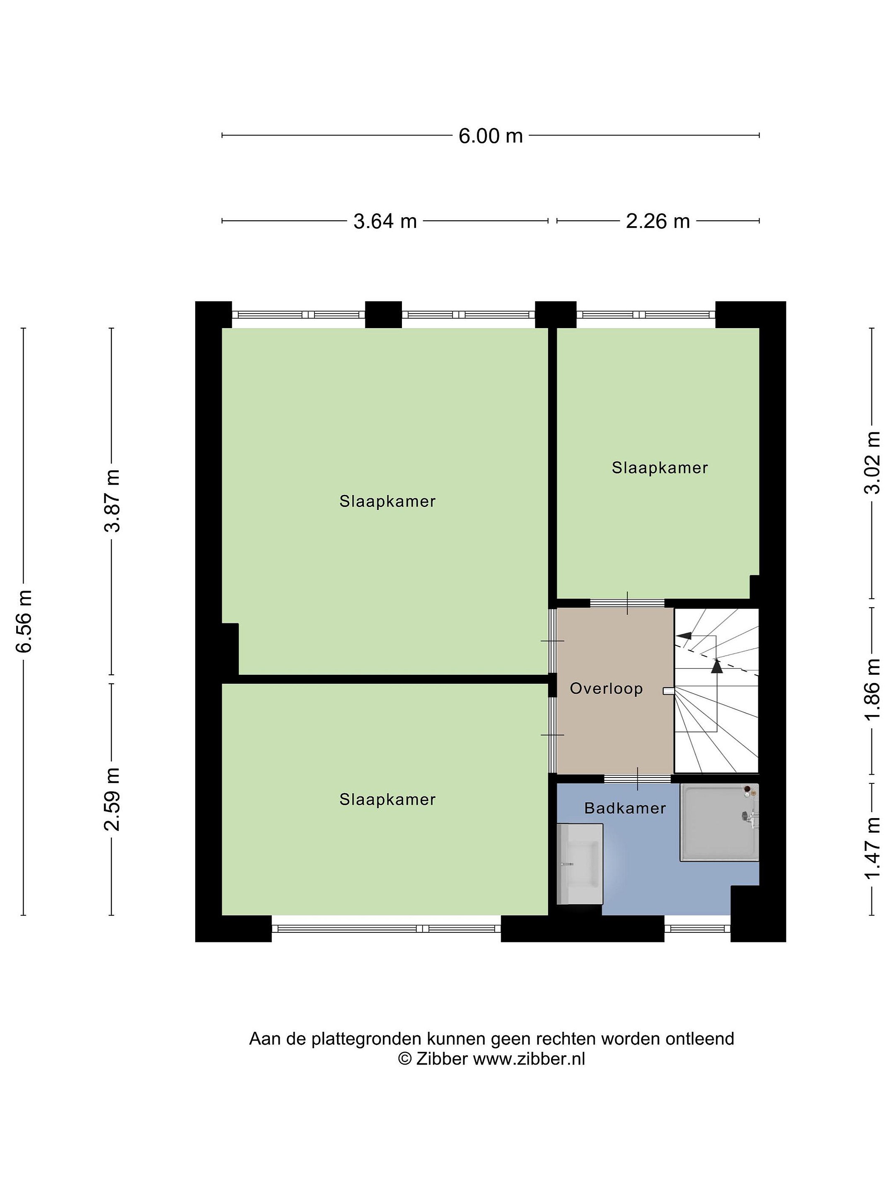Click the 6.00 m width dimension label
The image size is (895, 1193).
(491, 135)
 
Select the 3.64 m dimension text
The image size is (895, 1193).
(385, 221)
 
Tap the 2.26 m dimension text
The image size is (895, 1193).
(658, 221)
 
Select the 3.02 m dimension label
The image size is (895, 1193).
(872, 462)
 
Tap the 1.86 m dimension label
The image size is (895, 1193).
(872, 688)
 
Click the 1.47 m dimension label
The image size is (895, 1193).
(872, 847)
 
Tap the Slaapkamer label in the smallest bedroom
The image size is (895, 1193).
(659, 468)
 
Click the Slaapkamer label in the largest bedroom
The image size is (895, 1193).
(387, 501)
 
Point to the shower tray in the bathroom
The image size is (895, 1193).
(719, 823)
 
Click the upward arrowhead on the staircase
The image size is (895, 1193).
(716, 667)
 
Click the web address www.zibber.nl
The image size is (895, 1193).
(529, 1059)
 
